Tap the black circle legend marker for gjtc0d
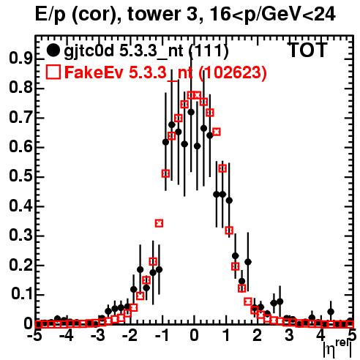[x=53, y=50]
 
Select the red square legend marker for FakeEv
[x=53, y=72]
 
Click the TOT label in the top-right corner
[x=308, y=50]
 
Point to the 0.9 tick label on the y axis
[x=20, y=59]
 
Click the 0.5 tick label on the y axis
[x=20, y=176]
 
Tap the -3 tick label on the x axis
[x=99, y=336]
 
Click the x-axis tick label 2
[x=258, y=336]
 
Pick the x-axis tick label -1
[x=162, y=336]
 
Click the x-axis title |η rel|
[x=338, y=349]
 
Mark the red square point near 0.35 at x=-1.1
[x=159, y=223]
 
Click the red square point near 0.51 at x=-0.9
[x=165, y=173]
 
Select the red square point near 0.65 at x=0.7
[x=217, y=132]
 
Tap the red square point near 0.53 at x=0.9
[x=222, y=168]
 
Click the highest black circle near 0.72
[x=191, y=112]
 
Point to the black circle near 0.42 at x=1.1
[x=229, y=200]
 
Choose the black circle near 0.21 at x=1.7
[x=248, y=262]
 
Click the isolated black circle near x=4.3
[x=331, y=312]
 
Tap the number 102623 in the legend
[x=232, y=72]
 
